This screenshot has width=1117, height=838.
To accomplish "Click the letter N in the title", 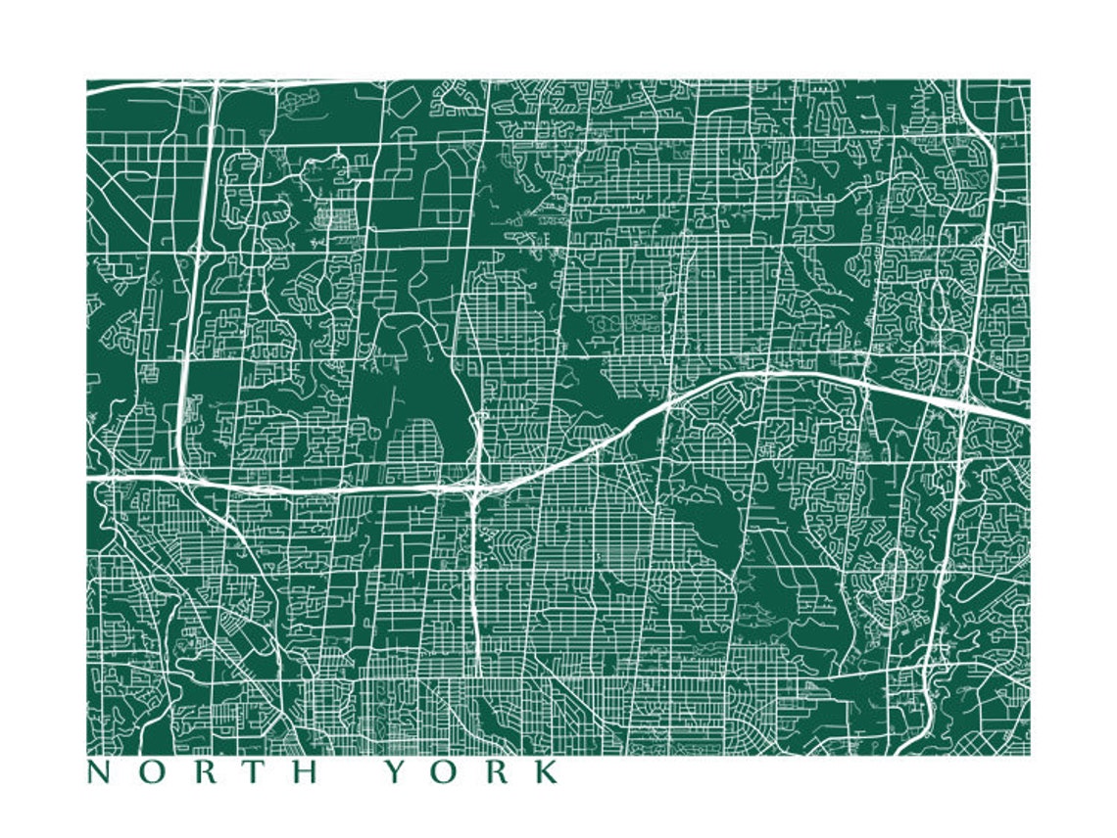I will pyautogui.click(x=99, y=772).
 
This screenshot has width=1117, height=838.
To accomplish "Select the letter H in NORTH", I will pyautogui.click(x=308, y=772).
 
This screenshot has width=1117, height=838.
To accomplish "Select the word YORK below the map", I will pyautogui.click(x=470, y=772).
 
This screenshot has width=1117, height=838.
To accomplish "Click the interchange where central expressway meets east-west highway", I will pyautogui.click(x=475, y=484).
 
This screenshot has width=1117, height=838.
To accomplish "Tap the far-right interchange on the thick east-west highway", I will pyautogui.click(x=965, y=403).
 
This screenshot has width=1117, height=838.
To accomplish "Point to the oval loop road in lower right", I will pyautogui.click(x=895, y=574).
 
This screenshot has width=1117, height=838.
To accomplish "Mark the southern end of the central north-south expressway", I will pyautogui.click(x=476, y=670).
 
